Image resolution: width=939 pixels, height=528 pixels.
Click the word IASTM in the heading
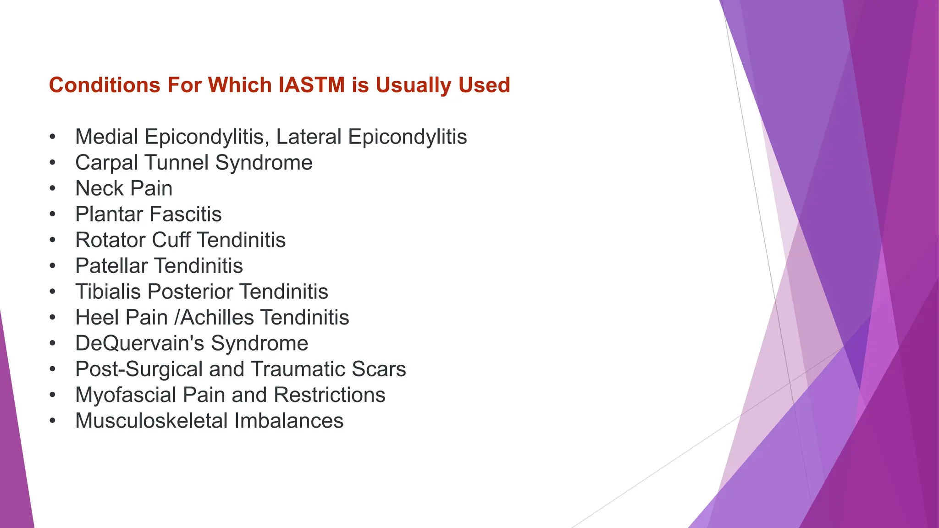pyautogui.click(x=311, y=85)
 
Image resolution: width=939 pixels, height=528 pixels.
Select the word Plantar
pyautogui.click(x=109, y=214)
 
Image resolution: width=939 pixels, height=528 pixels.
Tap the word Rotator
pyautogui.click(x=110, y=240)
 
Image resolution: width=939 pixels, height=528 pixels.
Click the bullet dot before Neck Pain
pyautogui.click(x=53, y=188)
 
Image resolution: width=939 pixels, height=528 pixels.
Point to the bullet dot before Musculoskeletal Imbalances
pyautogui.click(x=53, y=421)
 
